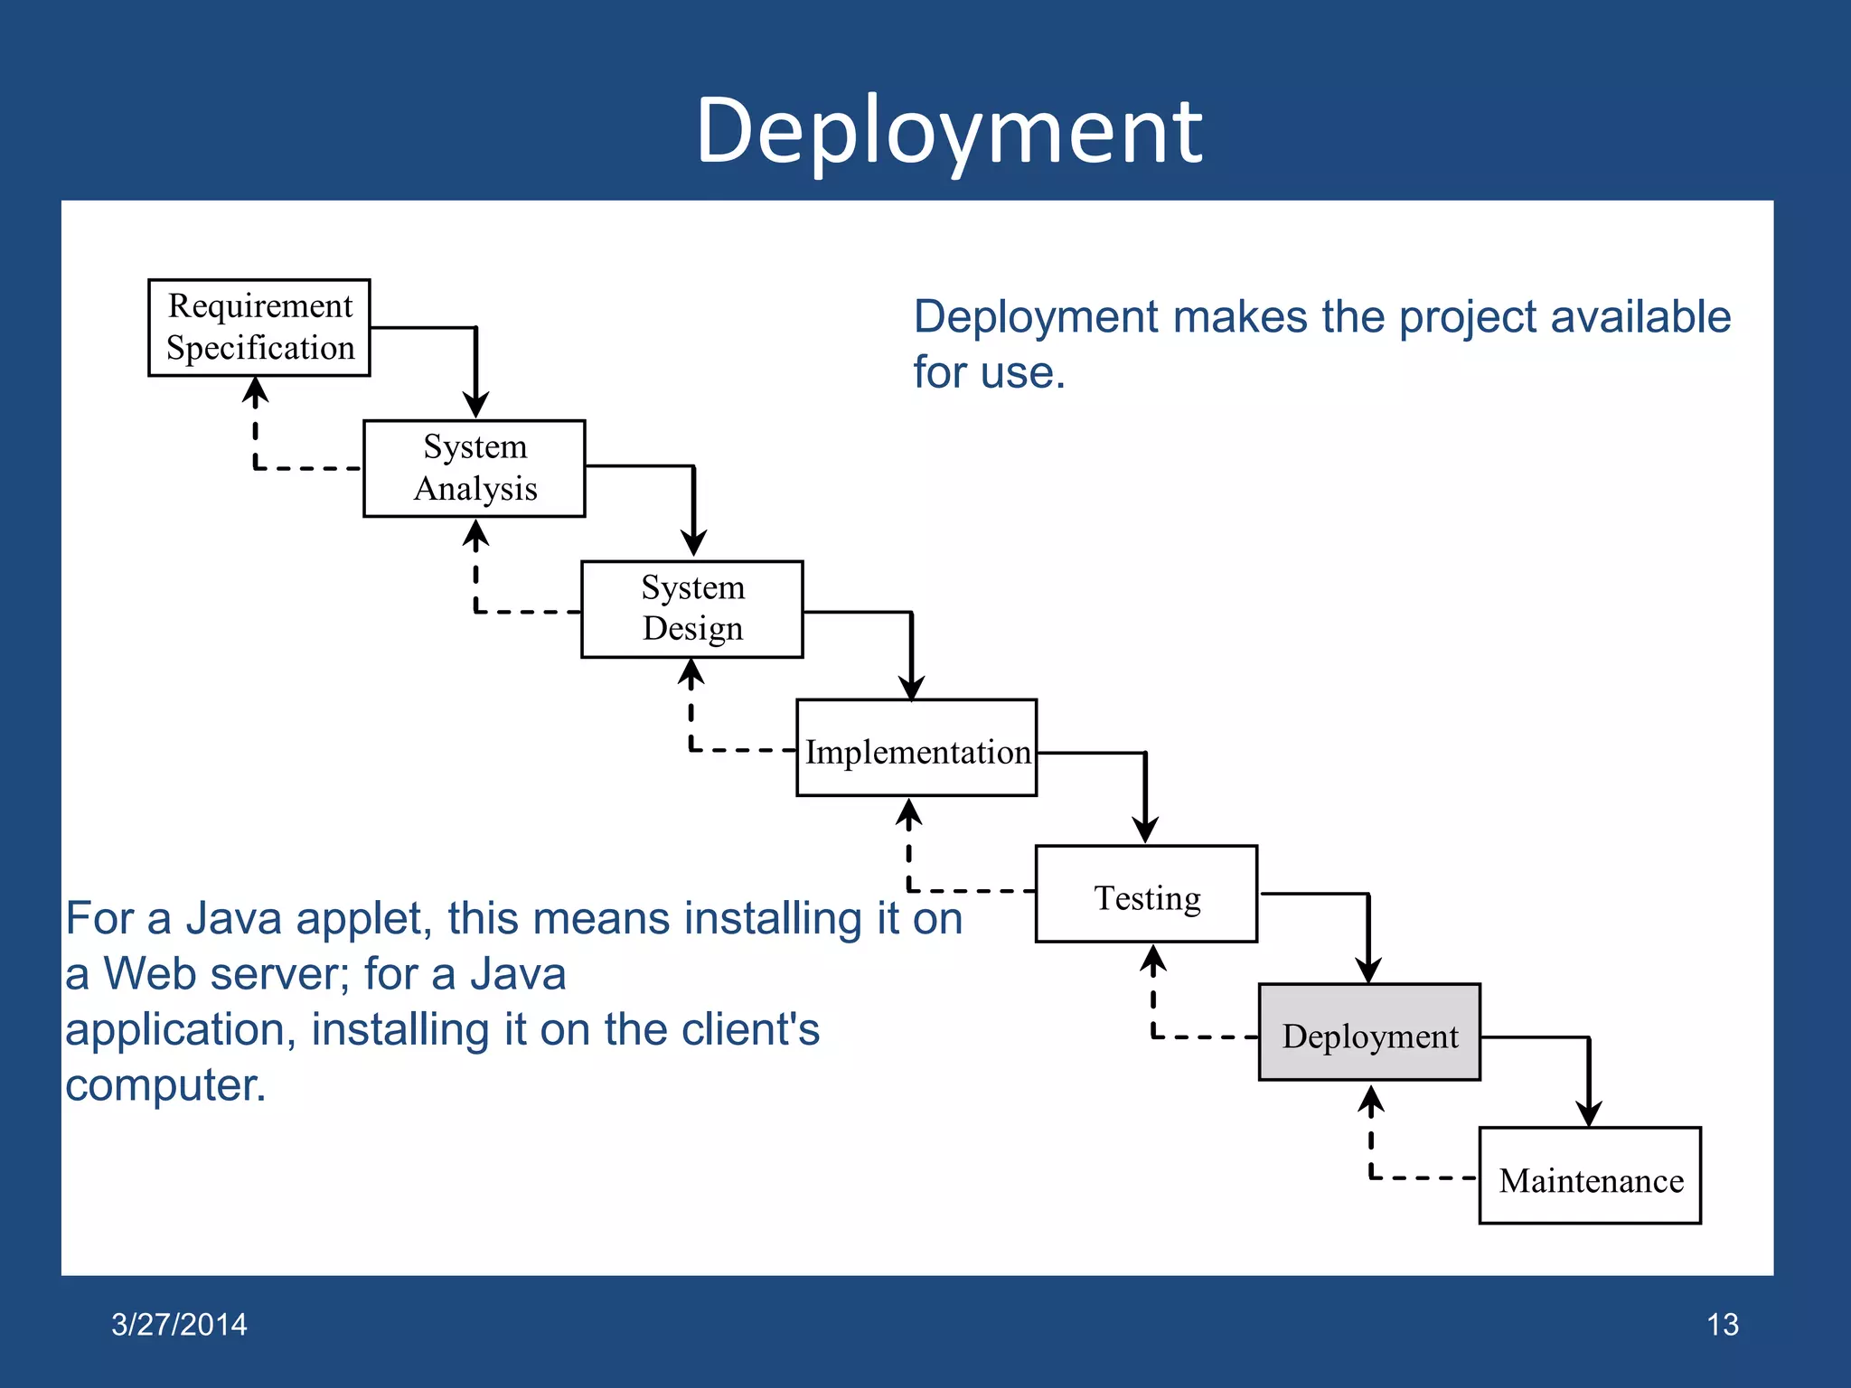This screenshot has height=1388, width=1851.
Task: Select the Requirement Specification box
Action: click(x=259, y=327)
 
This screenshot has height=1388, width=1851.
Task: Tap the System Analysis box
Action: click(x=474, y=468)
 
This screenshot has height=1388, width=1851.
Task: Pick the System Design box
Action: click(x=692, y=608)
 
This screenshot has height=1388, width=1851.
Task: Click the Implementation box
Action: click(x=916, y=748)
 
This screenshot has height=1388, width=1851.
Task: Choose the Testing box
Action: click(x=1146, y=895)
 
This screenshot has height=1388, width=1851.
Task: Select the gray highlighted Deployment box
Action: click(x=1369, y=1033)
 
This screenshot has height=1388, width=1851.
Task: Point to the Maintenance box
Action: click(x=1590, y=1176)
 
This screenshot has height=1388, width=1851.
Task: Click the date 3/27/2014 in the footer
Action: click(x=179, y=1325)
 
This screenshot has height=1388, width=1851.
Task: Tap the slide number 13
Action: click(x=1722, y=1325)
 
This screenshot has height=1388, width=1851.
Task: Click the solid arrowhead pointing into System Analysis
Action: click(x=476, y=404)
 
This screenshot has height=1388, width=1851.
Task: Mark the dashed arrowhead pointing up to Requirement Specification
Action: click(x=256, y=391)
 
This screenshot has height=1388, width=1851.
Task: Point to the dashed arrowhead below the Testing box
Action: click(x=1152, y=960)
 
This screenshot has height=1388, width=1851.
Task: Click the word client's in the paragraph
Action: click(x=749, y=1029)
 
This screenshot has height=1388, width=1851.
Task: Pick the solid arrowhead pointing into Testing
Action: click(x=1145, y=830)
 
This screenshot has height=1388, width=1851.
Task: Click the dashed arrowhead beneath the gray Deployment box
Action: click(x=1371, y=1100)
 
